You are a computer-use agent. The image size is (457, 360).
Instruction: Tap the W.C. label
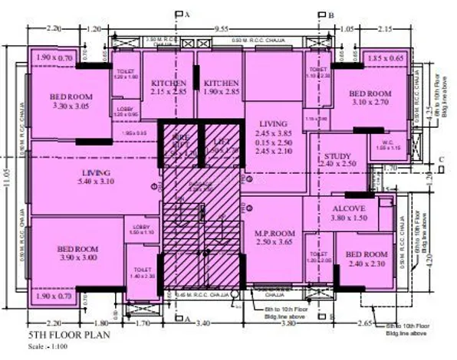[386, 142]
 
